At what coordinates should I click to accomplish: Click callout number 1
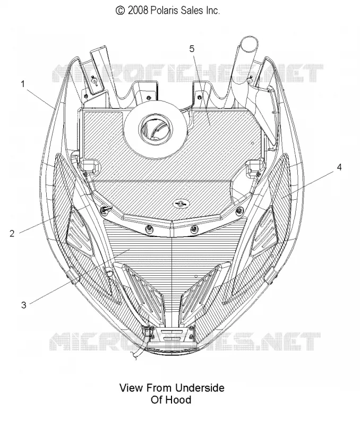click(x=23, y=84)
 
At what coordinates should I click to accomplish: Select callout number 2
click(x=12, y=233)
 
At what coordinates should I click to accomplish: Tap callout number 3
click(x=24, y=305)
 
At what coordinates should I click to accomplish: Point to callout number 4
click(x=339, y=167)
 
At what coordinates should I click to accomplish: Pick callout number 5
click(x=192, y=49)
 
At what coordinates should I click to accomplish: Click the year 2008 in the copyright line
click(x=138, y=10)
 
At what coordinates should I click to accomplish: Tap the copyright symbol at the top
click(x=120, y=11)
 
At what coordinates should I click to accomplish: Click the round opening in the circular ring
click(x=155, y=127)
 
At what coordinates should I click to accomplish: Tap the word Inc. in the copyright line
click(x=211, y=10)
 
